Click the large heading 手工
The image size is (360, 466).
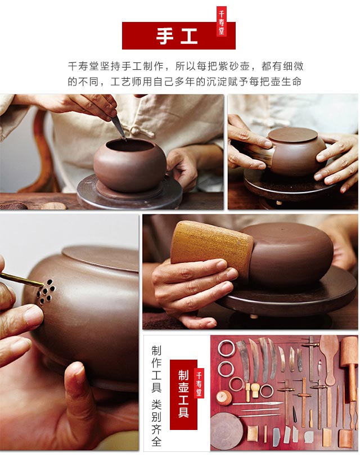(x=177, y=36)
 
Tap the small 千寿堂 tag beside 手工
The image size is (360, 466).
(x=222, y=21)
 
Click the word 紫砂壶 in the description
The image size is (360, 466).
(x=233, y=66)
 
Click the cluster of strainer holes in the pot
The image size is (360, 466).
(x=46, y=292)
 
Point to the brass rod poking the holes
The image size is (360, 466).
(x=21, y=279)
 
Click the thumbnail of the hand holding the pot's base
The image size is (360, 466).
(x=69, y=332)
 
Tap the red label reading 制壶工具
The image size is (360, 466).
(x=183, y=395)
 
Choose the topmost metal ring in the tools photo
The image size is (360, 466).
(x=226, y=348)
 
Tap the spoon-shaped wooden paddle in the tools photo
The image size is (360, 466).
(x=329, y=360)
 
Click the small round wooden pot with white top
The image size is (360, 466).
(x=224, y=398)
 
